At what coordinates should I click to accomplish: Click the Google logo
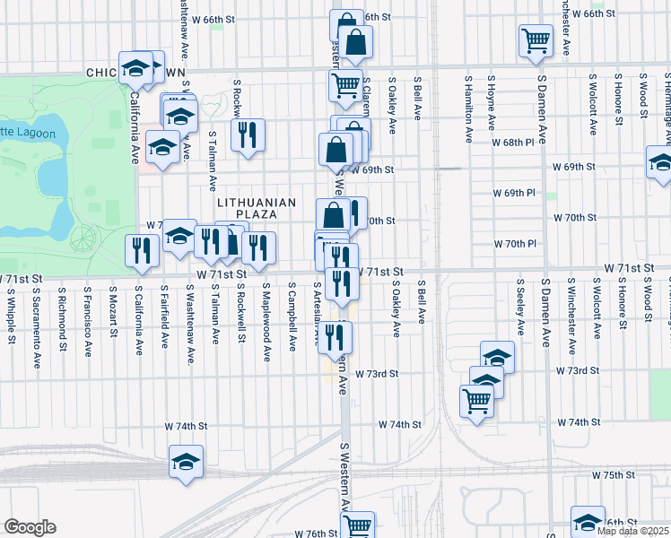[30, 527]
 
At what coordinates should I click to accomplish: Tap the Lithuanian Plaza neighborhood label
[256, 209]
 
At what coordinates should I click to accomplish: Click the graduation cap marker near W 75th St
[187, 463]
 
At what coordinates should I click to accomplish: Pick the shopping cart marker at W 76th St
[358, 525]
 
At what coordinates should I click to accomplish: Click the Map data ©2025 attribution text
[633, 531]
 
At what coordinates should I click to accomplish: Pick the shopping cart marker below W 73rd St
[476, 401]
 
